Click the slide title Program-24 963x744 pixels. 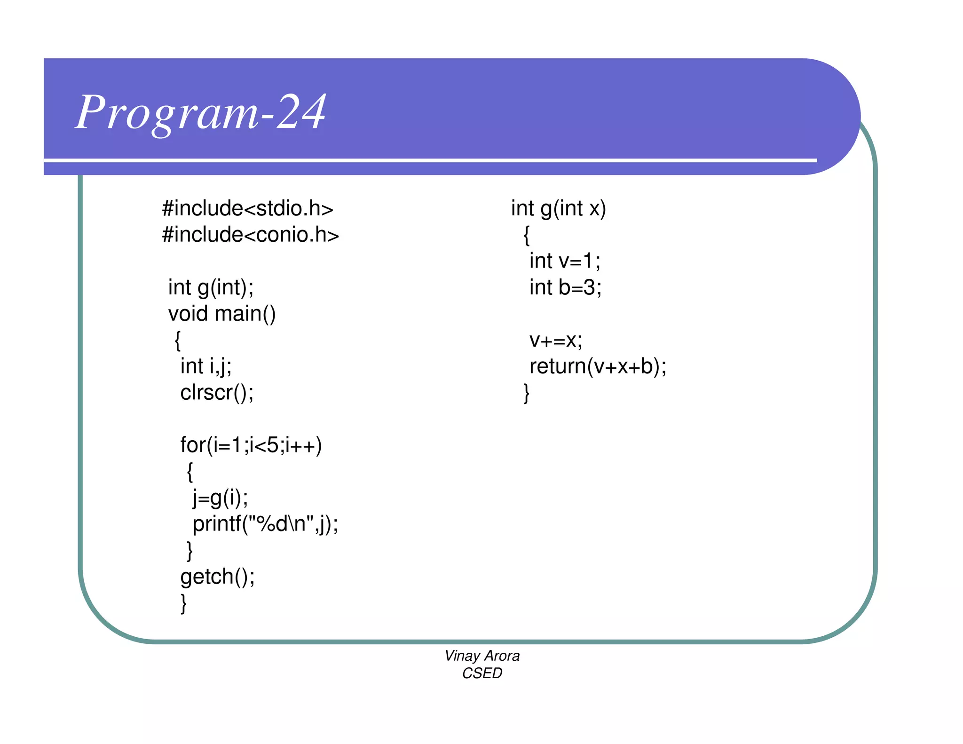(201, 112)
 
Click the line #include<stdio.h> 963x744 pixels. (248, 208)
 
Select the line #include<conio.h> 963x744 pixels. (251, 235)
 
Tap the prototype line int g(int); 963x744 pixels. (211, 287)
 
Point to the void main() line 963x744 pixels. (222, 314)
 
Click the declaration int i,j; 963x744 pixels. (206, 366)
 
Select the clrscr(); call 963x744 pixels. (217, 393)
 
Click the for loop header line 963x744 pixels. (251, 445)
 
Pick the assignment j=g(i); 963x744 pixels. (220, 498)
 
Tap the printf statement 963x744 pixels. (265, 524)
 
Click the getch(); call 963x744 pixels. (217, 577)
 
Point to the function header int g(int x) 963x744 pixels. (559, 208)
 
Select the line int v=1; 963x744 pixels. (565, 261)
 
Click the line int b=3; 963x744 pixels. (565, 287)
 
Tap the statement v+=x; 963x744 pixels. (556, 340)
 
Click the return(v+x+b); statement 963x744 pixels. (598, 366)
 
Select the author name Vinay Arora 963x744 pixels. (482, 656)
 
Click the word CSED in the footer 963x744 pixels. (482, 673)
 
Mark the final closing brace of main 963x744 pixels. (183, 603)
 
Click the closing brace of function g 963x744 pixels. (526, 393)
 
